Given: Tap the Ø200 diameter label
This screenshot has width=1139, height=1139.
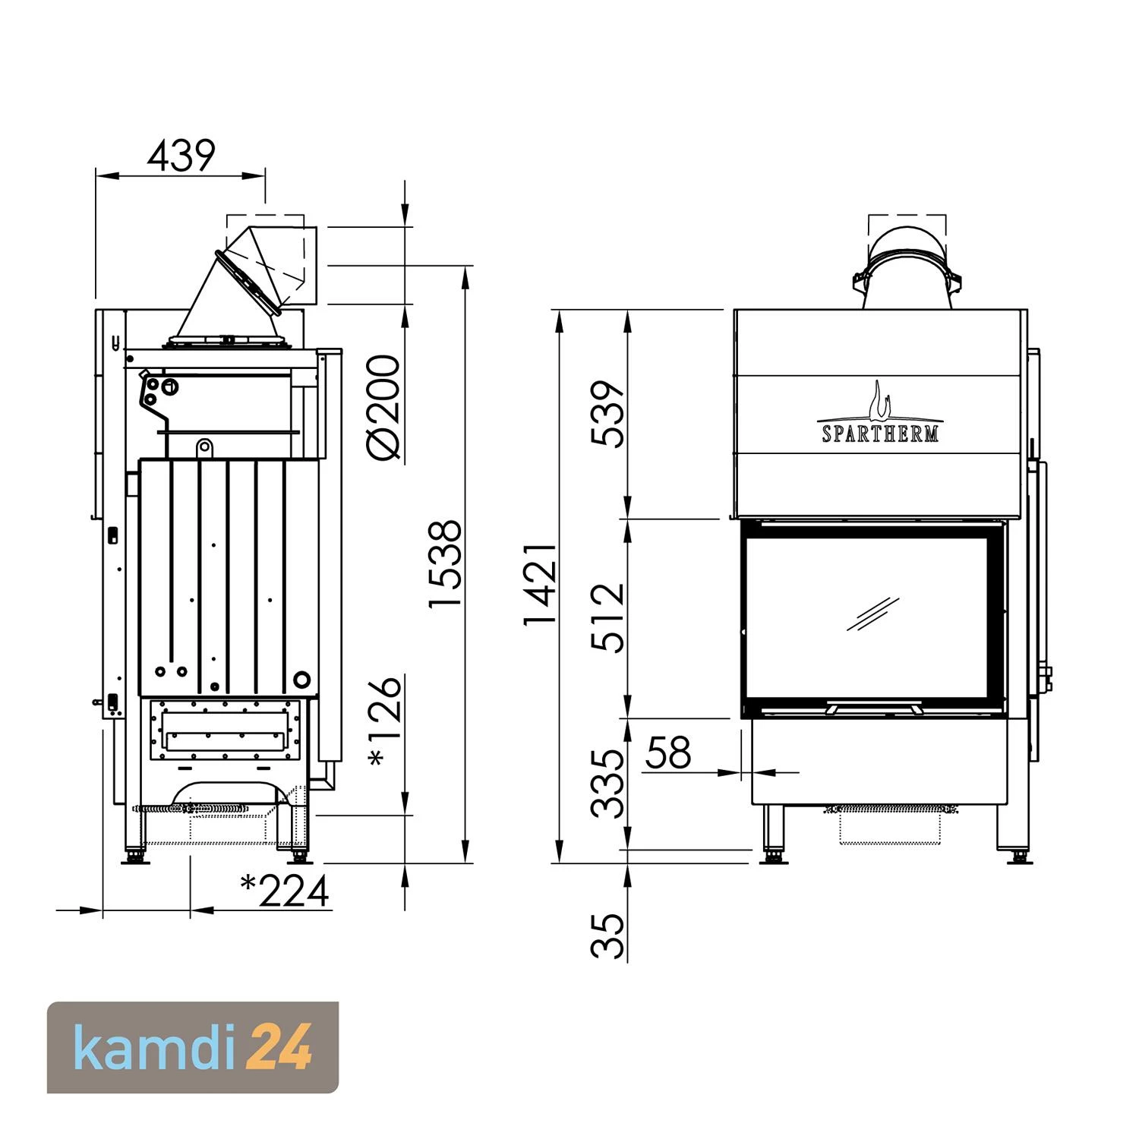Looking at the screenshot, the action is tap(383, 408).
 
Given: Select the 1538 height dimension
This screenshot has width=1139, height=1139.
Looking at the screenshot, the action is tap(445, 563).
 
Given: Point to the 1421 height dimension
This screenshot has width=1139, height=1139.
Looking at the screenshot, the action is tap(541, 584).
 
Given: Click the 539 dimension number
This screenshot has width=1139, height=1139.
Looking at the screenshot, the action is tap(608, 414).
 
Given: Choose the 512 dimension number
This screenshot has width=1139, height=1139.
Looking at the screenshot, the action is tap(608, 617).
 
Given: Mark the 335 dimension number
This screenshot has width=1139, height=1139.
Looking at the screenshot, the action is tap(608, 784).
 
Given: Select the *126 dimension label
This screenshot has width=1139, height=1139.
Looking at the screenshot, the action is tap(384, 721).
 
